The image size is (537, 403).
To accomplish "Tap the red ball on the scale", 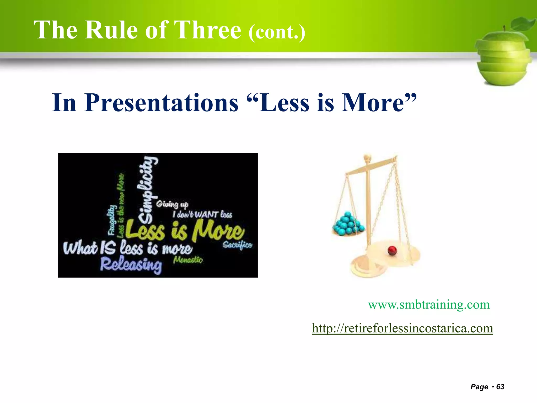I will (392, 250).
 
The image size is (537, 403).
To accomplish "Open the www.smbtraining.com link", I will (429, 305).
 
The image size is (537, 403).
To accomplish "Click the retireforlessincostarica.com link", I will (402, 328).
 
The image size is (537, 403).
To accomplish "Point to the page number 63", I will (500, 387).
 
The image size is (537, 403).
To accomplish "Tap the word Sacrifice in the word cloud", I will (237, 245).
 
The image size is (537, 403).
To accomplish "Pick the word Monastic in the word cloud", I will (188, 260).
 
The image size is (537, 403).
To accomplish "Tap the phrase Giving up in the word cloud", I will (172, 204).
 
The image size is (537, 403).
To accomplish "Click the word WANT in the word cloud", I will (206, 215).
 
